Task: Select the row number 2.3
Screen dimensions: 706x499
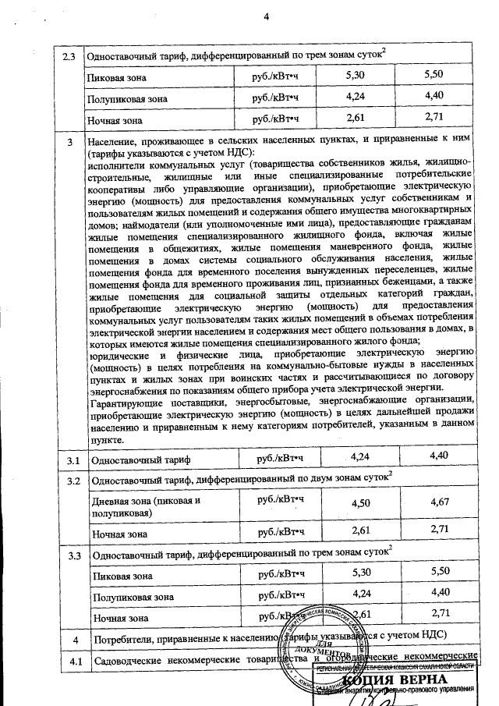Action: pos(69,57)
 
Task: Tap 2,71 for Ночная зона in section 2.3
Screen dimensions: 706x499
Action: pos(430,118)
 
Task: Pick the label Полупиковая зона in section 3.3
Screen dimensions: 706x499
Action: pos(129,597)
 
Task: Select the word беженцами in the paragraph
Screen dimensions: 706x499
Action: pos(409,280)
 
